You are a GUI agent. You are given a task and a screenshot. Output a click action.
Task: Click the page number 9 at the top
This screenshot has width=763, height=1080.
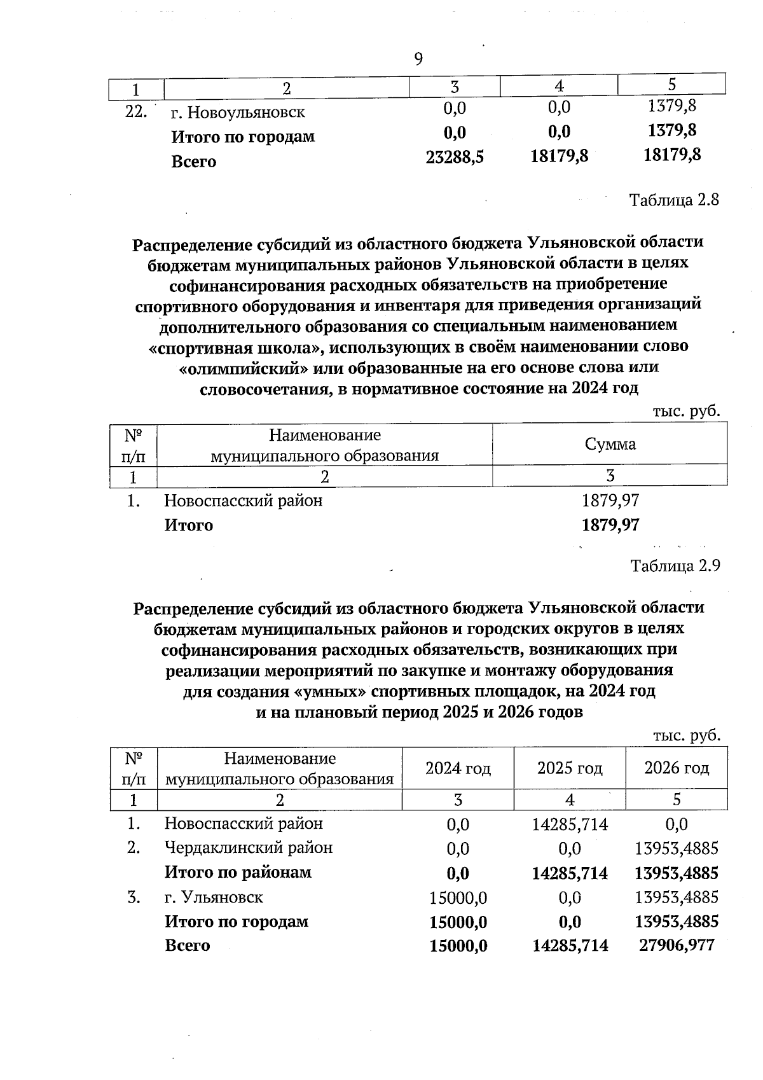pos(418,59)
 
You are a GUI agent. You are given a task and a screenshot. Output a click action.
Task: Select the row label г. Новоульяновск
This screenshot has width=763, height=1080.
pos(238,113)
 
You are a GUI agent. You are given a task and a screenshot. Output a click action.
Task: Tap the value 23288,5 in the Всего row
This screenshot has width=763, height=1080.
pos(455,157)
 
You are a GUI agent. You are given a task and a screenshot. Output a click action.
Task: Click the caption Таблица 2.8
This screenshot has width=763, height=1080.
pos(674,200)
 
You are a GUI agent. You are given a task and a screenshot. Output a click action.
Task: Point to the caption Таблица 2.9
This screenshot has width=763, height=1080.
pos(675,566)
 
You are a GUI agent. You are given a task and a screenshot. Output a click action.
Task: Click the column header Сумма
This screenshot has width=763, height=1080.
pos(610,445)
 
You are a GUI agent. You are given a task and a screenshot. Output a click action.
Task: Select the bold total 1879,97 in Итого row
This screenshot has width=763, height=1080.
pos(610,525)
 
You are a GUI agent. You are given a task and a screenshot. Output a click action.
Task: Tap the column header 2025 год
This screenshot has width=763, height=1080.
pos(570,768)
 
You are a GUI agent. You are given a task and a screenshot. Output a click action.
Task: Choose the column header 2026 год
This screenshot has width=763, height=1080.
pos(677,768)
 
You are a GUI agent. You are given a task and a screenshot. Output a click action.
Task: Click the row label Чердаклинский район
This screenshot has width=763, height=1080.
pos(249,848)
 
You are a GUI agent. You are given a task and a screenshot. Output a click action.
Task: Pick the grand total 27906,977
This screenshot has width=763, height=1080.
pos(677,945)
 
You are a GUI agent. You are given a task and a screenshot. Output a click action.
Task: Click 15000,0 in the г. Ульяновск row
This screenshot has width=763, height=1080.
pos(458,898)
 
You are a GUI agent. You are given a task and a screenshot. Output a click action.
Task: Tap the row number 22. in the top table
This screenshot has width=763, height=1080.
pos(137,112)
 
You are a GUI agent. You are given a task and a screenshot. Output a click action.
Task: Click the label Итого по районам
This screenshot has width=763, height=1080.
pos(238,872)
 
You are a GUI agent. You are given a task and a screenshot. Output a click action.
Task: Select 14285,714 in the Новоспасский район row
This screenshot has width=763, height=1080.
pos(570,825)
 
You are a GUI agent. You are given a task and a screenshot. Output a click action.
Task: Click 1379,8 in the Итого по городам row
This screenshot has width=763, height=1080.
pos(671,131)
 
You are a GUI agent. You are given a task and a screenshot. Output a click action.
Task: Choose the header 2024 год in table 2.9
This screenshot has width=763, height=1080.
pos(458,768)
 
